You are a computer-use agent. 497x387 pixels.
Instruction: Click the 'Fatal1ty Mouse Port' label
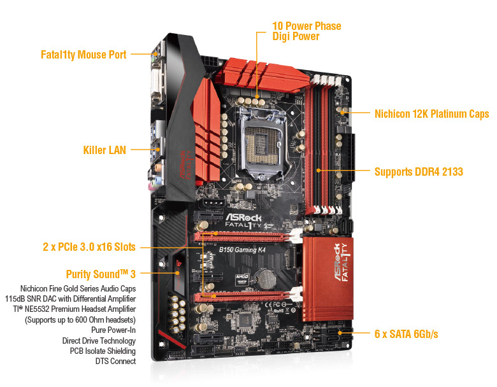(x=83, y=55)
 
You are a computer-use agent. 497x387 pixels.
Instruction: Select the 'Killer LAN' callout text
(x=104, y=150)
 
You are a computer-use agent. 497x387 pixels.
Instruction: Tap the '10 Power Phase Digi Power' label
(x=307, y=31)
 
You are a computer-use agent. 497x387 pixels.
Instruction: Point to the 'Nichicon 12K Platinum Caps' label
(x=432, y=114)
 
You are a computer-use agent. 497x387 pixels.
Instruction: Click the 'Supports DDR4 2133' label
(x=419, y=172)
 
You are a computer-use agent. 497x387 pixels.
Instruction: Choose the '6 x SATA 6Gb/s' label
(x=407, y=334)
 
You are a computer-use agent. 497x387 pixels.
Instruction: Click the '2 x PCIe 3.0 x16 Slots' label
(x=89, y=247)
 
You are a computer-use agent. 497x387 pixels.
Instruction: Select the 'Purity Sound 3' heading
(x=101, y=274)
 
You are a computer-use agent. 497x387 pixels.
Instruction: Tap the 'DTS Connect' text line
(x=116, y=361)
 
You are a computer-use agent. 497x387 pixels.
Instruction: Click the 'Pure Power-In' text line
(x=113, y=330)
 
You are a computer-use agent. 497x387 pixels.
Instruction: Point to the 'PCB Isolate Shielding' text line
(x=103, y=351)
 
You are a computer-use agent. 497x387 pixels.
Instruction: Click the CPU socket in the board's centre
(x=263, y=144)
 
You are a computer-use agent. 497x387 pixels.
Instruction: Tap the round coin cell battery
(x=266, y=279)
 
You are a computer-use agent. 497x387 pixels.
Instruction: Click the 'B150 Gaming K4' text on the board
(x=242, y=250)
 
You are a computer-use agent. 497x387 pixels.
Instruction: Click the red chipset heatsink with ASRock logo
(x=328, y=279)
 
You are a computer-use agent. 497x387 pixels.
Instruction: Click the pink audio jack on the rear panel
(x=152, y=186)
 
